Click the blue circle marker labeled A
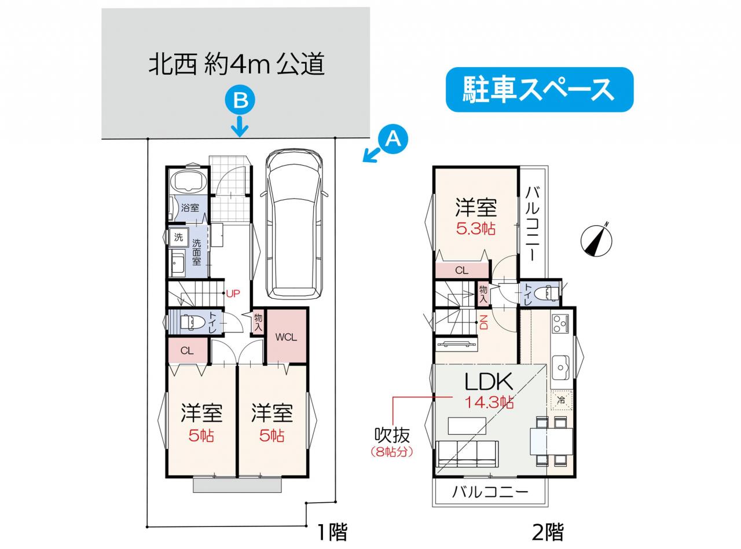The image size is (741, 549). click(393, 140)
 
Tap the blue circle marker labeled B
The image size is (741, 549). click(240, 100)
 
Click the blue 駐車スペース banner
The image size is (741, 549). click(540, 89)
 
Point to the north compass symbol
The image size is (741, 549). click(596, 239)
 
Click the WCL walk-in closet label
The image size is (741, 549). click(286, 338)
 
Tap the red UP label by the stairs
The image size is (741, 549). click(233, 294)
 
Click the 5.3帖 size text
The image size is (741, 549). click(476, 229)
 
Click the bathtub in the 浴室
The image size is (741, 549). click(188, 181)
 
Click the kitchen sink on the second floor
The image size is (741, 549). click(561, 367)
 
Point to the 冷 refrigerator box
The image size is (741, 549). click(562, 400)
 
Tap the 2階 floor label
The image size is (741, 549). click(548, 532)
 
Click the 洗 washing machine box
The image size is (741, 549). click(179, 237)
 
